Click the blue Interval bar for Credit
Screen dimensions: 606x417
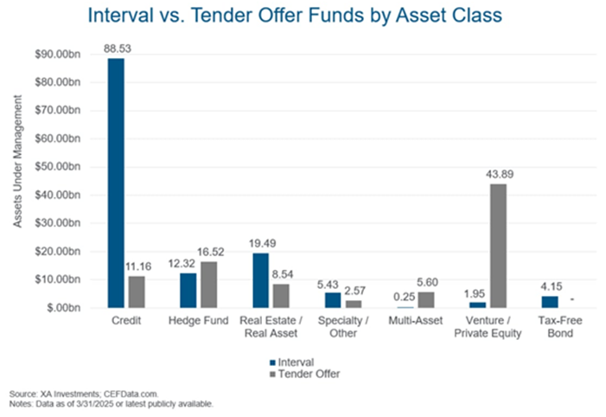(x=116, y=183)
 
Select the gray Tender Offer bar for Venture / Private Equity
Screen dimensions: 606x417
(x=498, y=246)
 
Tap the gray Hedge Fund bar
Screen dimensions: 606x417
(x=208, y=285)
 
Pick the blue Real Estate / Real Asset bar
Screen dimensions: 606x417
(x=260, y=280)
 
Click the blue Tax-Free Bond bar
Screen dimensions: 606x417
(x=550, y=302)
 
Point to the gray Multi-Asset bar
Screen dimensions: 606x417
(x=426, y=300)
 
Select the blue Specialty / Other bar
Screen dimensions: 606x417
(x=333, y=300)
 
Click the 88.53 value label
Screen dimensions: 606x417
(x=118, y=48)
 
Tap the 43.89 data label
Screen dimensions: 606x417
(x=500, y=175)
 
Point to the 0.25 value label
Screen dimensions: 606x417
(x=405, y=297)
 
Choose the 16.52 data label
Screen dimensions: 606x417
(x=211, y=253)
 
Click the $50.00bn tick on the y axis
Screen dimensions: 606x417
(x=58, y=167)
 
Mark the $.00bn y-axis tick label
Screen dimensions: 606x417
(x=64, y=308)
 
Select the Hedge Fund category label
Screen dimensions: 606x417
(x=198, y=321)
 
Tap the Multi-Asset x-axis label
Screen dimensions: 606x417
(x=416, y=321)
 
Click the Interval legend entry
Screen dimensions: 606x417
(x=292, y=362)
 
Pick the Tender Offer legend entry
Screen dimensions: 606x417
(x=305, y=374)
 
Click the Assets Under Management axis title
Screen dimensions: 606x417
(x=18, y=161)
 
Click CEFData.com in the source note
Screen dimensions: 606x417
(x=131, y=395)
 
